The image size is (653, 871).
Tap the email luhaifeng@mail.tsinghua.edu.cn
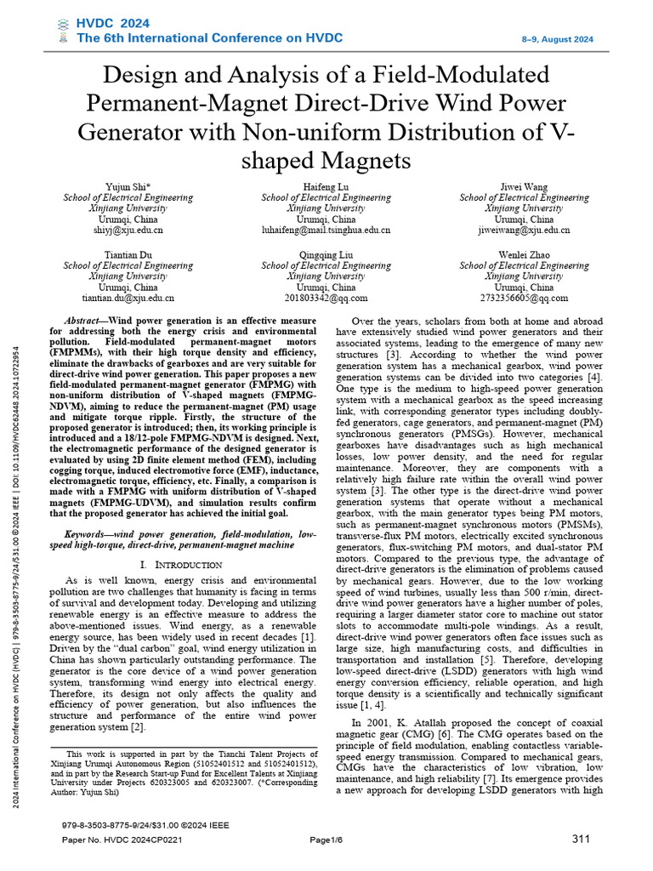326,231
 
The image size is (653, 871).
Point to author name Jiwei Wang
524,186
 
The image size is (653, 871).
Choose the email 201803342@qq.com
326,299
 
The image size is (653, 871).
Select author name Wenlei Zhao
524,254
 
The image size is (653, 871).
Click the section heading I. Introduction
179,565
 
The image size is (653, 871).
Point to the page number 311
581,840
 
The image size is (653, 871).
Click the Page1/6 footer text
325,840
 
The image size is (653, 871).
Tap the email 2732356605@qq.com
524,299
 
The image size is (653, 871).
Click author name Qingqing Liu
326,254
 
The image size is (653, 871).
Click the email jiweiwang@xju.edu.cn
524,231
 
